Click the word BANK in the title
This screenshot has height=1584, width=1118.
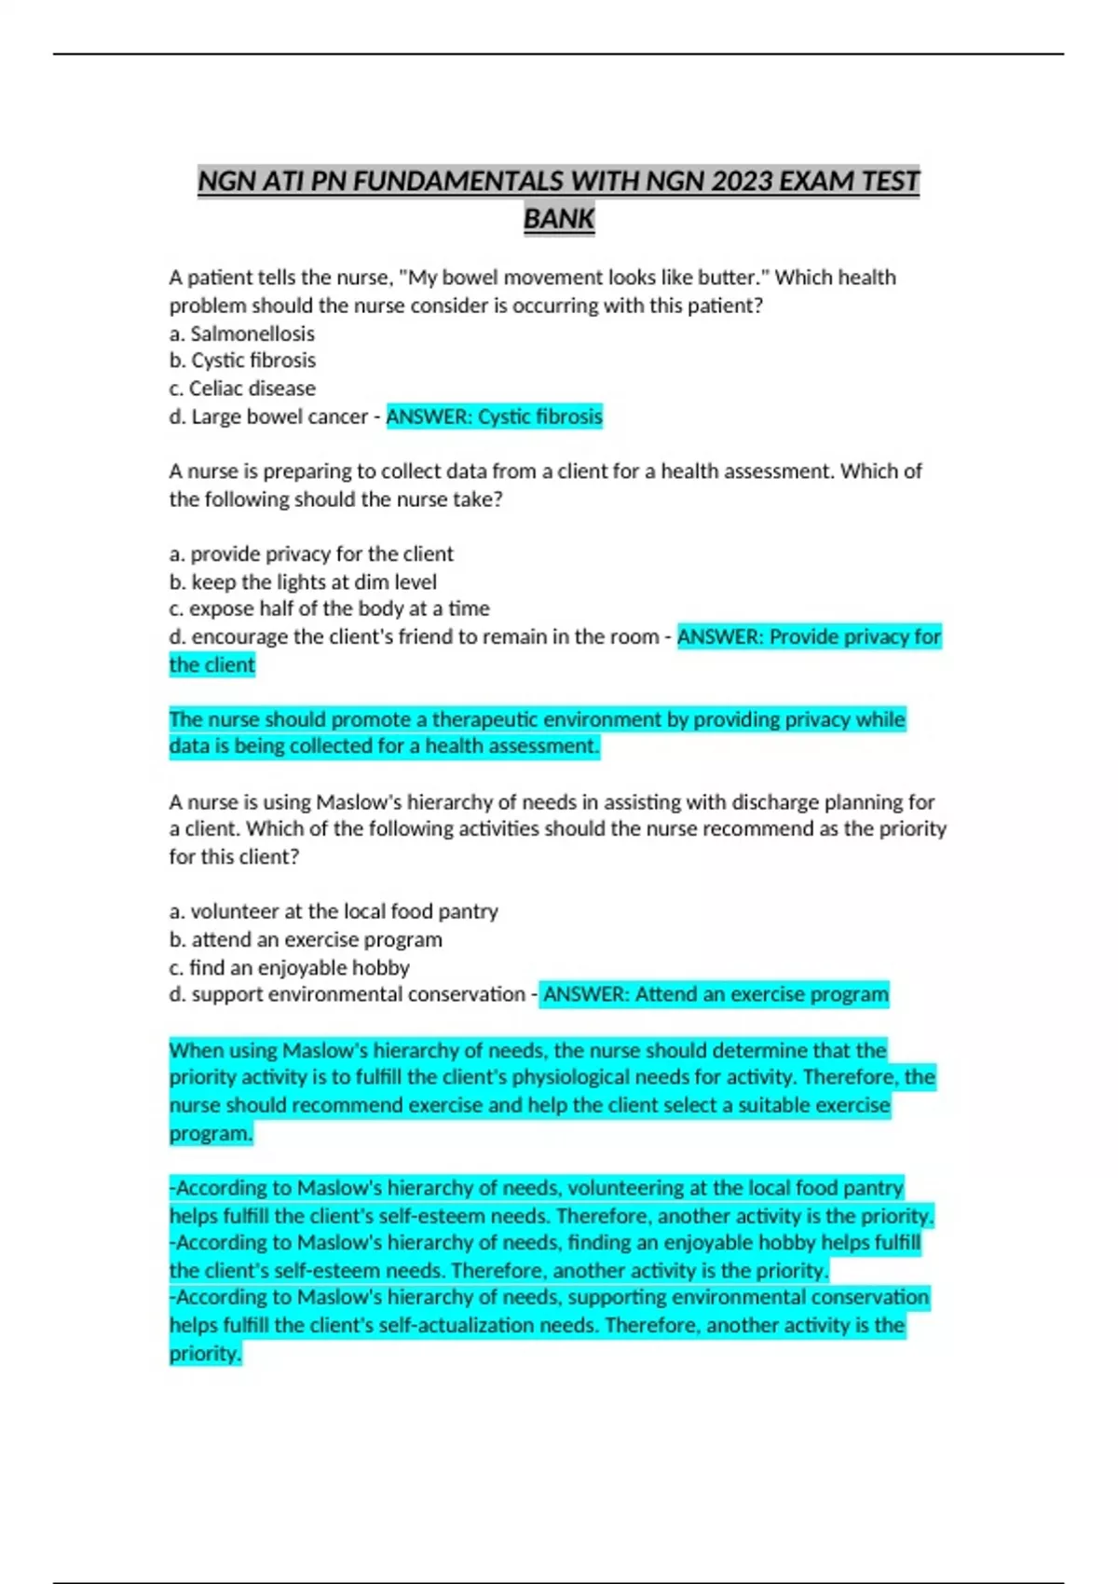pyautogui.click(x=559, y=219)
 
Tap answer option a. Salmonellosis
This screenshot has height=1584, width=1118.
pyautogui.click(x=242, y=334)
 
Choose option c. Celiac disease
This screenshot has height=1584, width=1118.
pyautogui.click(x=242, y=389)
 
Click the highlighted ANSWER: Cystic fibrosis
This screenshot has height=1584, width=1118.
pyautogui.click(x=494, y=416)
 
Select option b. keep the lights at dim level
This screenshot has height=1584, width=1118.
pyautogui.click(x=303, y=582)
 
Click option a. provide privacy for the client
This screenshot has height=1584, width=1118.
pyautogui.click(x=311, y=554)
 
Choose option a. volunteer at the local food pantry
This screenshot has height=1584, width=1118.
pyautogui.click(x=334, y=911)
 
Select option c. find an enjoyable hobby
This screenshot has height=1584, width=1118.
pyautogui.click(x=289, y=967)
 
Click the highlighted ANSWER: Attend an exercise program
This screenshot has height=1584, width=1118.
pyautogui.click(x=715, y=995)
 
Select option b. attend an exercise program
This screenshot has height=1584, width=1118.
pyautogui.click(x=306, y=939)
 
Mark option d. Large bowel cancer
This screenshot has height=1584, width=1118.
pyautogui.click(x=268, y=416)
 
